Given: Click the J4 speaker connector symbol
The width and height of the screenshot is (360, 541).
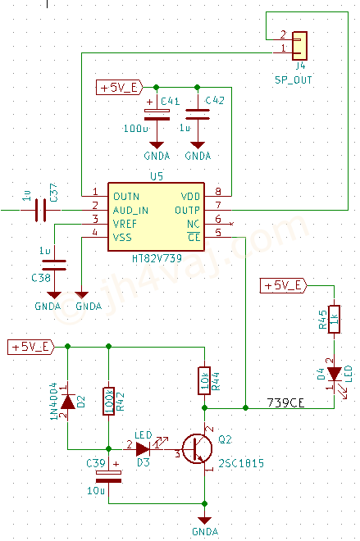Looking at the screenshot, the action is (x=299, y=46).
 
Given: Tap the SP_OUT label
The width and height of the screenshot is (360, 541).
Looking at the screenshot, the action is (x=294, y=80).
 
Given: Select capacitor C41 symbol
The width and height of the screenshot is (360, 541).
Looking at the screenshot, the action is (x=157, y=115).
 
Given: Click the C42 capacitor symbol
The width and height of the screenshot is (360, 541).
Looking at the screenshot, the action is (x=198, y=114).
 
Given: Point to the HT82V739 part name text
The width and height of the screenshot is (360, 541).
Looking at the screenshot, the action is (x=157, y=258).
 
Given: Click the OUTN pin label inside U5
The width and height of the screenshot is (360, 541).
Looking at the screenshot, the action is (x=126, y=197).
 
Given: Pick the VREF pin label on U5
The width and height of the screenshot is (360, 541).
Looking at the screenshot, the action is (x=125, y=225).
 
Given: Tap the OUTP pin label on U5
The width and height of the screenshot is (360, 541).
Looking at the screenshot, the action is (x=188, y=211).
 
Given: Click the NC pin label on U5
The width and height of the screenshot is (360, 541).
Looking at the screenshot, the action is (x=194, y=225).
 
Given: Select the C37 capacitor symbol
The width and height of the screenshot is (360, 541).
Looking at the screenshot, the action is (x=40, y=210).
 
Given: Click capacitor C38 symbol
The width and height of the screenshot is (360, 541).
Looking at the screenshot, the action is (x=54, y=265).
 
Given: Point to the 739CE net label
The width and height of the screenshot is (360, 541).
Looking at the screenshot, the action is (x=286, y=402).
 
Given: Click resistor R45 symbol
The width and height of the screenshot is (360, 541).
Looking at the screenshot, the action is (x=334, y=319).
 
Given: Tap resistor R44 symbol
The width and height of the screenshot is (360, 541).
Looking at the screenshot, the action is (x=204, y=380).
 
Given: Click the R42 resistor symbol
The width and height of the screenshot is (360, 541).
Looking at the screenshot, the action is (x=109, y=401).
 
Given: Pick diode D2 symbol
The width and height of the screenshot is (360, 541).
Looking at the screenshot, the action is (x=67, y=402).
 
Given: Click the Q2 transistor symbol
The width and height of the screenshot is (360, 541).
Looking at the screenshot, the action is (x=197, y=448).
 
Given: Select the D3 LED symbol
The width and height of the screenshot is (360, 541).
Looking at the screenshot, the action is (x=143, y=449).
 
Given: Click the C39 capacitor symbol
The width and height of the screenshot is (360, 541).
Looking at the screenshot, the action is (x=109, y=476).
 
